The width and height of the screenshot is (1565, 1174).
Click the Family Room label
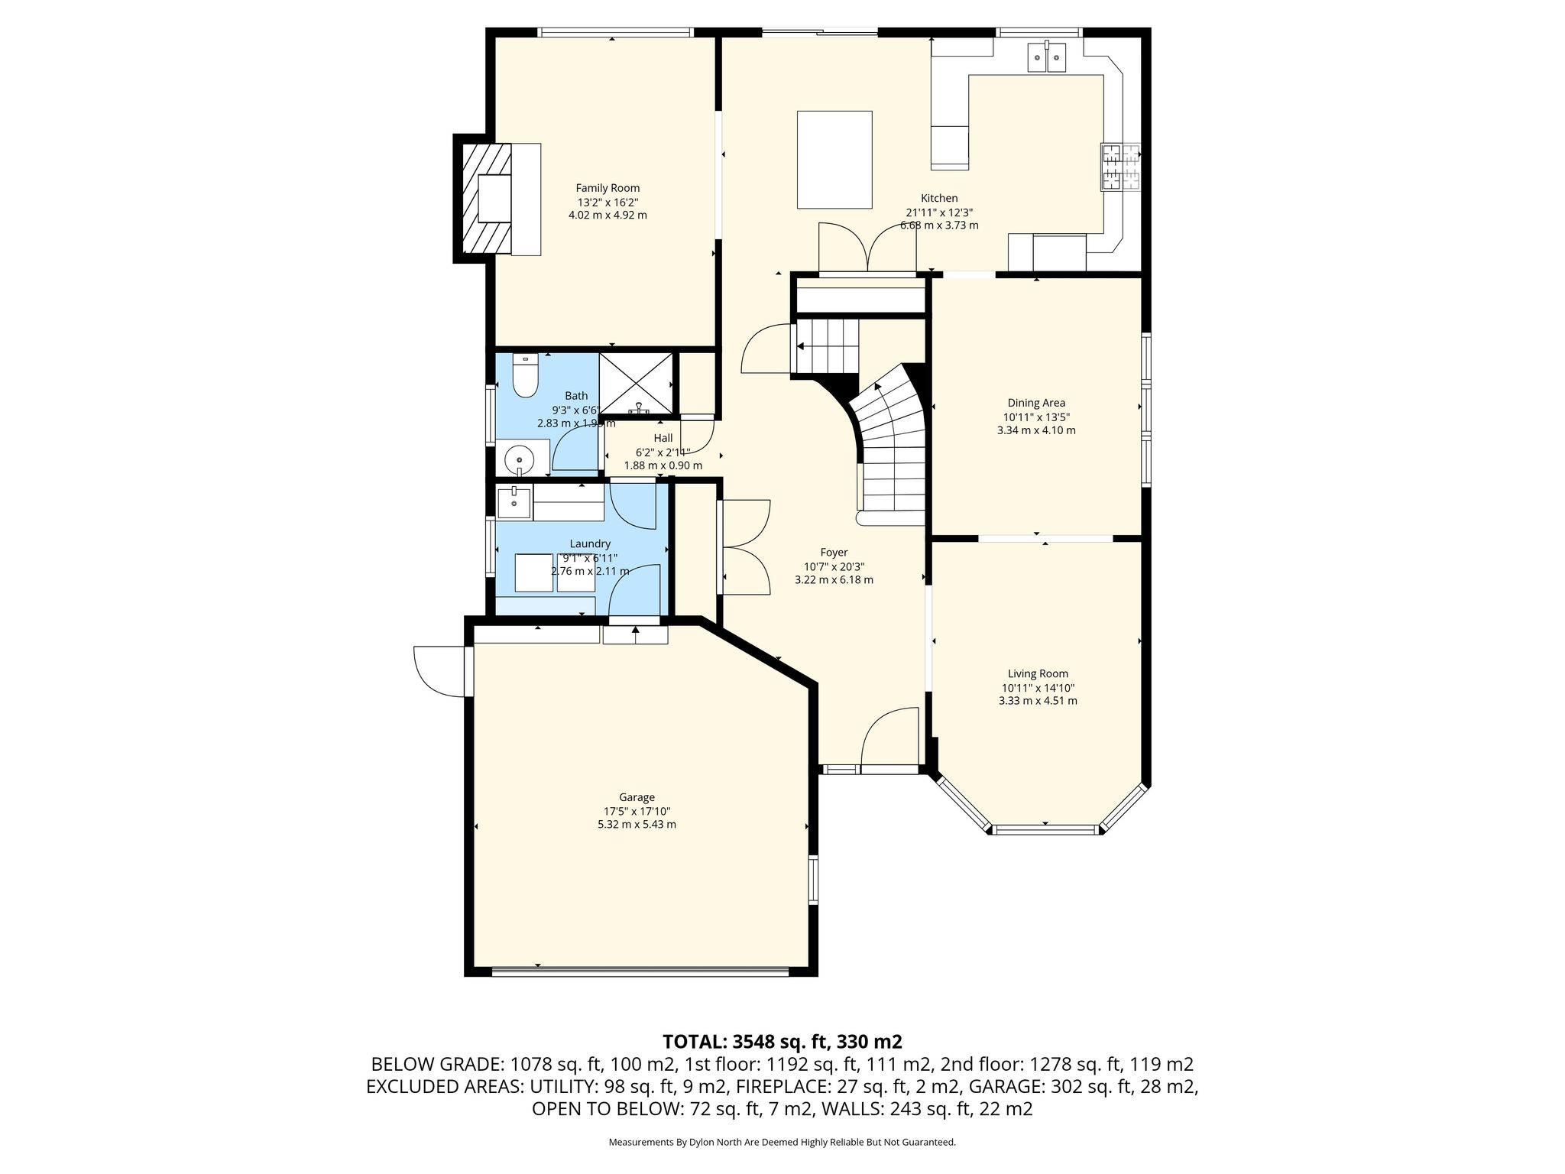tap(608, 188)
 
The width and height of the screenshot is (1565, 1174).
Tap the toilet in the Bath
tap(525, 375)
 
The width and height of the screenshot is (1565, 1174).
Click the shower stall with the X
tap(637, 385)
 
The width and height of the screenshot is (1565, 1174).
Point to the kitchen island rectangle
tap(834, 160)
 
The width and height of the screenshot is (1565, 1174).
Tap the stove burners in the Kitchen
tap(1120, 167)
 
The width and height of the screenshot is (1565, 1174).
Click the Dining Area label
tap(1036, 403)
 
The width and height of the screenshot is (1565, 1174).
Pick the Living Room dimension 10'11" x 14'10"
tap(1038, 687)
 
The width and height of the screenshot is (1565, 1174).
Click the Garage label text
tap(637, 797)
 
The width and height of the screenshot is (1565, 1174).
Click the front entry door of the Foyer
tap(889, 737)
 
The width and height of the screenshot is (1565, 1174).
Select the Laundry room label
tap(590, 543)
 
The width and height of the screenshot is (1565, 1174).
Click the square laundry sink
tap(514, 501)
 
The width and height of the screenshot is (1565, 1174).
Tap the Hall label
tap(663, 438)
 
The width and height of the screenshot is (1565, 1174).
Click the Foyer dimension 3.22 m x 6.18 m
tap(834, 579)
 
